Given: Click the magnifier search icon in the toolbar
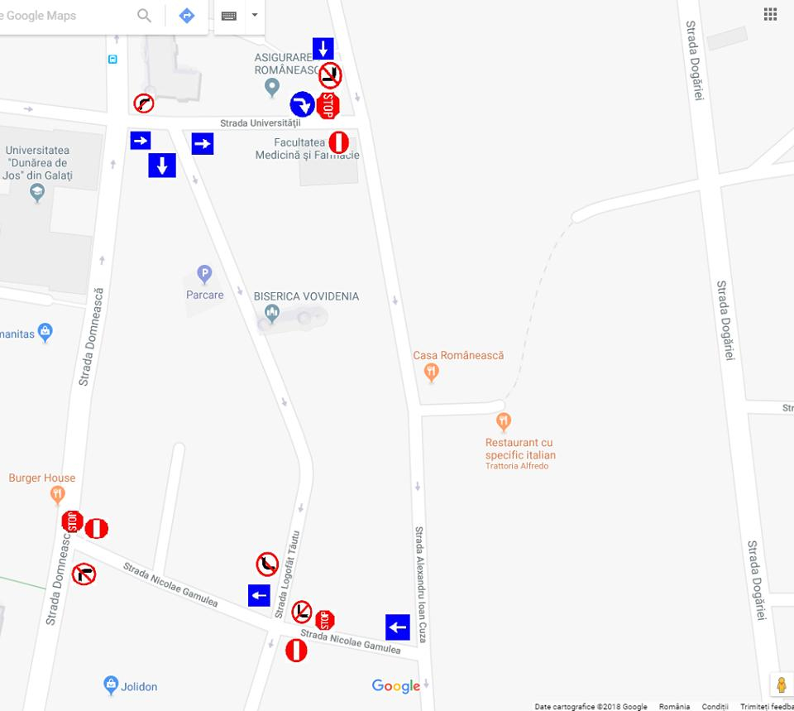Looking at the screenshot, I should [x=145, y=16].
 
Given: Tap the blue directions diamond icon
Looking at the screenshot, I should [x=187, y=16].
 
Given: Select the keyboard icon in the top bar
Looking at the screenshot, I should [x=229, y=16].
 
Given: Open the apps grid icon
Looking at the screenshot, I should [x=770, y=14].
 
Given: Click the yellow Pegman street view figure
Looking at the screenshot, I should [x=781, y=685].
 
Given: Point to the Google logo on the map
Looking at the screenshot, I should [x=396, y=685].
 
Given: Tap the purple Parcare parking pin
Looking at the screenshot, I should [x=204, y=274].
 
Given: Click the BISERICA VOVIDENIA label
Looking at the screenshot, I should [x=306, y=296].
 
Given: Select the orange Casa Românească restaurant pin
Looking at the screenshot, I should [x=430, y=372].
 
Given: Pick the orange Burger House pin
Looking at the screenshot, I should [x=57, y=495].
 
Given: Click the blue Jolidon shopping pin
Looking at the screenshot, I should [x=111, y=685].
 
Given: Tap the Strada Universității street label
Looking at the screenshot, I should [x=260, y=123].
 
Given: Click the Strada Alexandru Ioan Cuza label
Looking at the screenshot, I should [x=420, y=584].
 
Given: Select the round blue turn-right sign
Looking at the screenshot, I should [x=302, y=104].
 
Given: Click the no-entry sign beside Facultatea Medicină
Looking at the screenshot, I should [x=338, y=142].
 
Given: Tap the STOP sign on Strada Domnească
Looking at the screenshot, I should [x=73, y=521].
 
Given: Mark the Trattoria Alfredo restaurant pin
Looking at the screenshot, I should [x=503, y=422].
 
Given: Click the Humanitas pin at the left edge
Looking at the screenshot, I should [x=45, y=333].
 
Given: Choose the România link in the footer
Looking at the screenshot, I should [x=674, y=706].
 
